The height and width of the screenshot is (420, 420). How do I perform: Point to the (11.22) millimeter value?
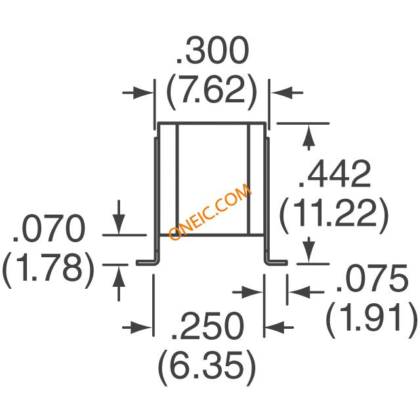point(335,213)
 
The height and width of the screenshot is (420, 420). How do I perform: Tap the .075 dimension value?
point(371,282)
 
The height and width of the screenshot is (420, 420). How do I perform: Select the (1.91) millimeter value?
point(371,320)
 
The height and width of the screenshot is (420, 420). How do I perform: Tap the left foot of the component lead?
point(147,262)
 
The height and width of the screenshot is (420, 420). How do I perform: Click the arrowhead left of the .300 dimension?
point(146,93)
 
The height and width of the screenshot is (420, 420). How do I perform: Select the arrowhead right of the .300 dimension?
point(277,93)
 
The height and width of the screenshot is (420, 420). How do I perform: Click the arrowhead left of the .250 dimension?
point(146,326)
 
